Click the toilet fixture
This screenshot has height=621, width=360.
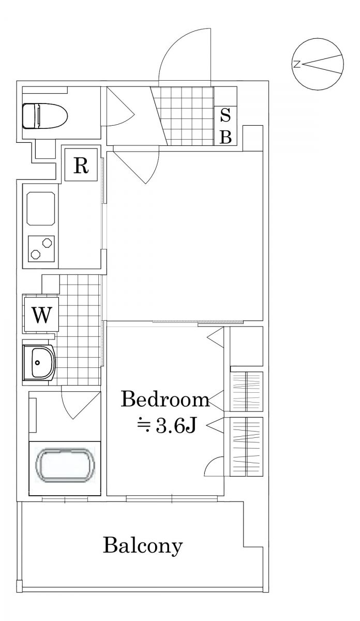coord(45,116)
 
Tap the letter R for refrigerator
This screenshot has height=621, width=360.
coord(81,165)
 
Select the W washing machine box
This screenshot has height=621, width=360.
coord(41,315)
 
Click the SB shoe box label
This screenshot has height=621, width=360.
coord(226,126)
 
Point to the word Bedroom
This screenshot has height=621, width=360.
coord(165,400)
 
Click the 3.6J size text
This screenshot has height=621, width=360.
coord(176,425)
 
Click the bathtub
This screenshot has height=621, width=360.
coord(65,465)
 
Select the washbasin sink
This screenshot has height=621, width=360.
coord(39,363)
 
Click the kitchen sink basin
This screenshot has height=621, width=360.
coord(41,209)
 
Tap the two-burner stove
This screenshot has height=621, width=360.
coord(41,249)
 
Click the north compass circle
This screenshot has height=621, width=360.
coord(318,64)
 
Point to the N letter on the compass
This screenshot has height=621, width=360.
coord(296,64)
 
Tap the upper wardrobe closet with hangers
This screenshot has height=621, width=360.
coord(247,391)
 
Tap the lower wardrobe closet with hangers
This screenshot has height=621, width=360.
coord(247,447)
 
